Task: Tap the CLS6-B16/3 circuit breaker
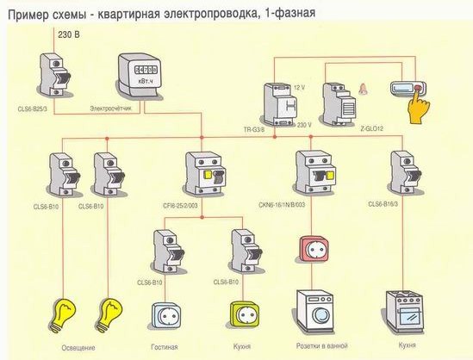coord(403,175)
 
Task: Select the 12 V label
coord(299,87)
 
